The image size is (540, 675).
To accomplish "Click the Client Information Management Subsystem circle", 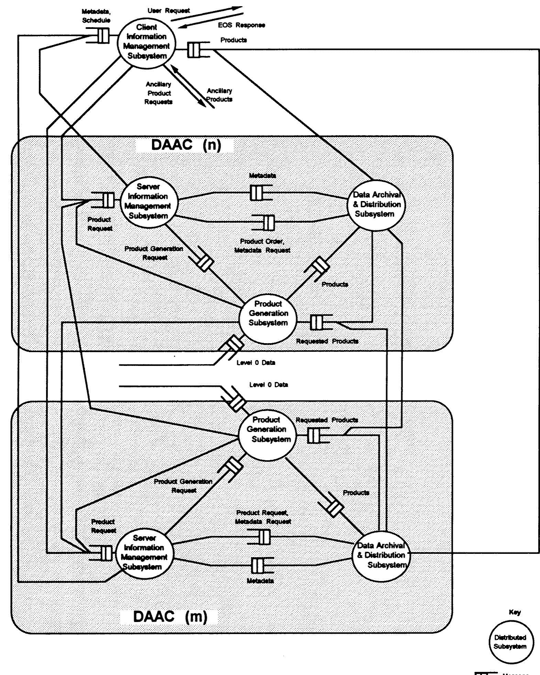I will tap(147, 42).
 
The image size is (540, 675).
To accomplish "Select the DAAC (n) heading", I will tap(186, 145).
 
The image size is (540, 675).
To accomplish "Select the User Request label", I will tap(168, 11).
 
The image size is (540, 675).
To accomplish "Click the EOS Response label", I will tap(241, 25).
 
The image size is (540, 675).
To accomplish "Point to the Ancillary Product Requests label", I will tap(158, 93).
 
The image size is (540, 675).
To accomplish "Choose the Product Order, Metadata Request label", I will tap(262, 246).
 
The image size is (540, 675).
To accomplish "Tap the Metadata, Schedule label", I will tap(96, 16).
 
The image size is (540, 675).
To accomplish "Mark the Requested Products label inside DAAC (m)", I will tap(327, 420).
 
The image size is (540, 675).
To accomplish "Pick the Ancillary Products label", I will tap(219, 95).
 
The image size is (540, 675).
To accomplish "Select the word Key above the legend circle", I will tap(515, 612).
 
